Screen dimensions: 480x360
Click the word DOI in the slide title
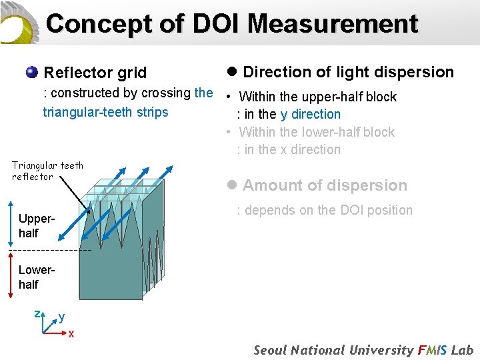(x=217, y=24)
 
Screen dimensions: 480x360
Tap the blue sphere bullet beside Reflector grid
(x=31, y=72)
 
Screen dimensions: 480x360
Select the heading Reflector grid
(x=95, y=72)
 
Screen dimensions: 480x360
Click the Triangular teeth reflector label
(x=47, y=171)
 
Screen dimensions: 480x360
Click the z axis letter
(x=38, y=313)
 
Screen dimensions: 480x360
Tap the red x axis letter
(x=71, y=333)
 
